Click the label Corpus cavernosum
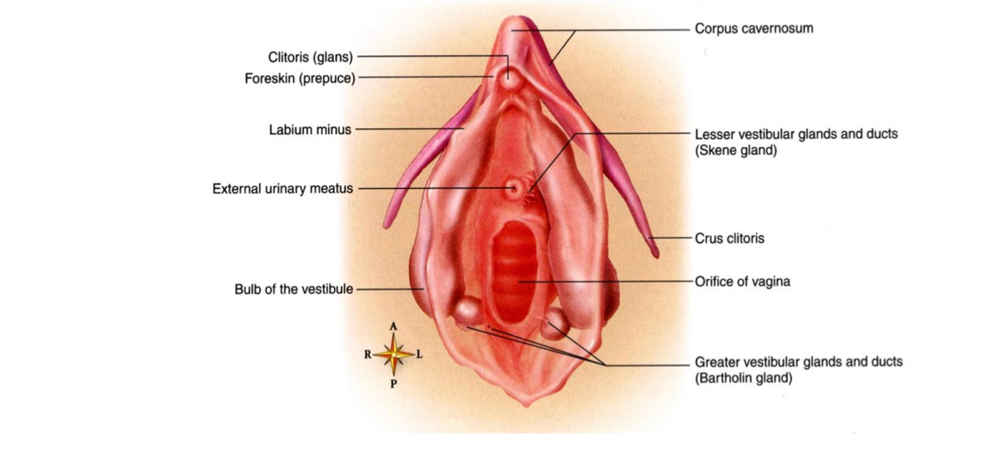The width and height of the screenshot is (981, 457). (x=754, y=29)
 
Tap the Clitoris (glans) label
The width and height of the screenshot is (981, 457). (x=310, y=57)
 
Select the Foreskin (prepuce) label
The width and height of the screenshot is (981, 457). (x=299, y=79)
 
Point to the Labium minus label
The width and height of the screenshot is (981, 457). (x=310, y=130)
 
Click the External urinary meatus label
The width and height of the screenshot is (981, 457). (x=282, y=189)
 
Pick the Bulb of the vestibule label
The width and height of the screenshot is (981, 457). (x=293, y=289)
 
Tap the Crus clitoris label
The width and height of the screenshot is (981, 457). (x=729, y=238)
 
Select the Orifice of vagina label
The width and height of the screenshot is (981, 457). (x=742, y=281)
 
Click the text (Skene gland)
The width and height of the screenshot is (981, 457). (x=735, y=151)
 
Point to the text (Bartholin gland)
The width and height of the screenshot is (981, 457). (x=743, y=378)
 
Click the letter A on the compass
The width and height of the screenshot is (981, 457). (x=393, y=326)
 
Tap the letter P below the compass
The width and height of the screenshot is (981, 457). (x=393, y=384)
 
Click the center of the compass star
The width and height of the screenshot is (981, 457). (x=393, y=355)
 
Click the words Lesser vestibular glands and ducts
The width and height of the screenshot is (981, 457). (x=796, y=134)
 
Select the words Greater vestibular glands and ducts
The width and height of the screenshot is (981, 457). (x=799, y=362)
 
